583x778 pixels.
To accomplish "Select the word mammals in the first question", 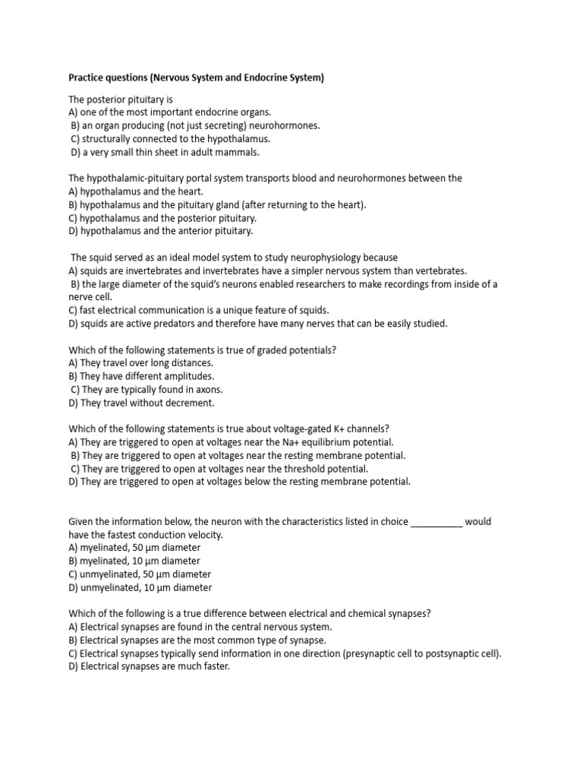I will coord(235,152).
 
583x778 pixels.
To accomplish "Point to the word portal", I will coord(218,178).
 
